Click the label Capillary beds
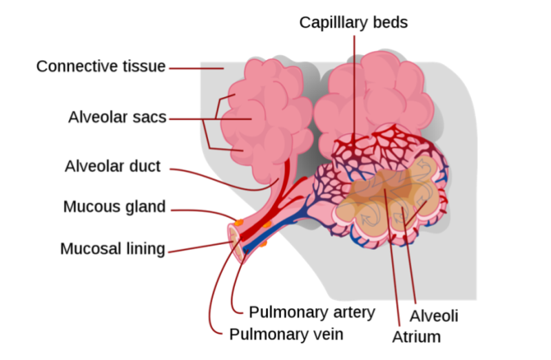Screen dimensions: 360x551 (x=353, y=22)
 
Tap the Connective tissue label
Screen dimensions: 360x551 (x=101, y=67)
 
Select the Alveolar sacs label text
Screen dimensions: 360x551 (x=117, y=117)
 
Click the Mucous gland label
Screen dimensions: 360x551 (x=114, y=207)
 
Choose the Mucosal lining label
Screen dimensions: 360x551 (x=113, y=248)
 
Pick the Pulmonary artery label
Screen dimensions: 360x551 (x=311, y=312)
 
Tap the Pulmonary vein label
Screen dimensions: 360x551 (x=286, y=335)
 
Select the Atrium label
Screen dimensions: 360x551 (x=416, y=337)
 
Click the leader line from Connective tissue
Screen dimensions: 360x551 (x=196, y=68)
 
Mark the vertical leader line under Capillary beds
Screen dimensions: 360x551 (x=355, y=83)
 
